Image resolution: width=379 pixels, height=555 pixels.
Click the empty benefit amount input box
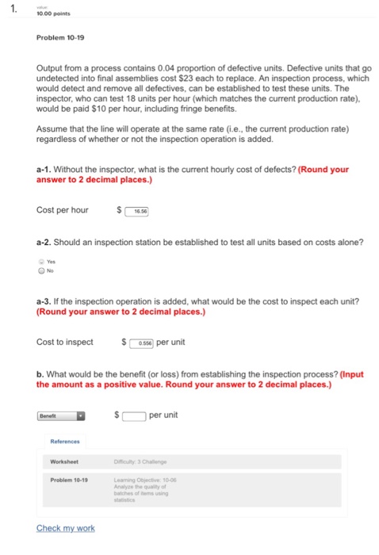pos(134,414)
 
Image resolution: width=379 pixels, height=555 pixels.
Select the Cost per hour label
pos(63,211)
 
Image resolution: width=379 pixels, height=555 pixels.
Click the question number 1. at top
pos(11,10)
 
